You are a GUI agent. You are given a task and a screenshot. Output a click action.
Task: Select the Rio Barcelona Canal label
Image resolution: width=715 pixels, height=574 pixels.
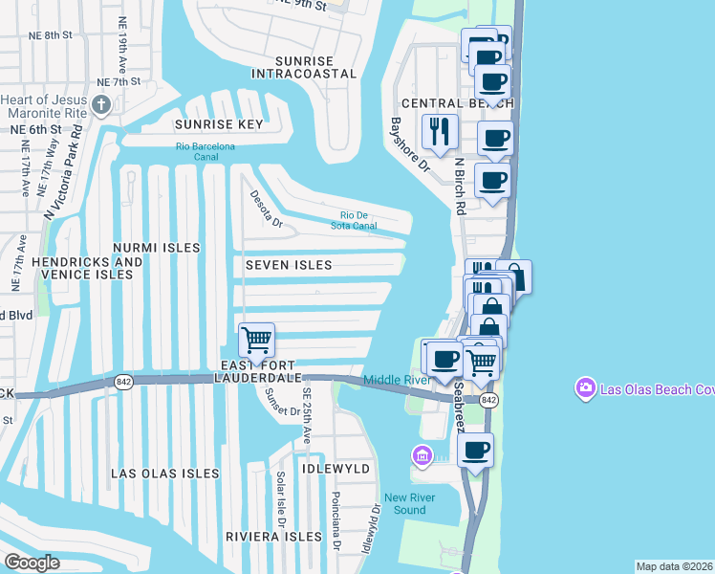pos(205,151)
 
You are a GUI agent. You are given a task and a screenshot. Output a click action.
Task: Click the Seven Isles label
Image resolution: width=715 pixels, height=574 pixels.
pos(288,265)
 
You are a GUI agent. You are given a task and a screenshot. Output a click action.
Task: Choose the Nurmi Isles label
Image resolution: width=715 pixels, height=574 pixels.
pos(156,248)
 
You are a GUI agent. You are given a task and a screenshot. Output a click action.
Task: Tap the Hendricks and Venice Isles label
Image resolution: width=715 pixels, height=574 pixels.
pos(87,268)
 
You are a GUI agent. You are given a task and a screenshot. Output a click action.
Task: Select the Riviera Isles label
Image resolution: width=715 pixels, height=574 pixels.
pos(273,537)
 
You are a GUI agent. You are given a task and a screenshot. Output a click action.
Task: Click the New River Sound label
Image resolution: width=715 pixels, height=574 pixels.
pos(410,503)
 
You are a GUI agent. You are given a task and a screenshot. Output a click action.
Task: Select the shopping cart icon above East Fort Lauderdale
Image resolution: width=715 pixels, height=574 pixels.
pos(256,340)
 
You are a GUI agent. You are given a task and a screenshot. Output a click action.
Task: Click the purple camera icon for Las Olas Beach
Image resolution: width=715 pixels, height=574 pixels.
pos(583,388)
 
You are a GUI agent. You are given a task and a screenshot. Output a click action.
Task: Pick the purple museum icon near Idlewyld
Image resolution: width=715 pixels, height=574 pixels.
pos(422,453)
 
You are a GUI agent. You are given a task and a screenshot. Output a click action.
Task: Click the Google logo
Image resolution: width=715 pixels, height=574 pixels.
pos(32,563)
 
